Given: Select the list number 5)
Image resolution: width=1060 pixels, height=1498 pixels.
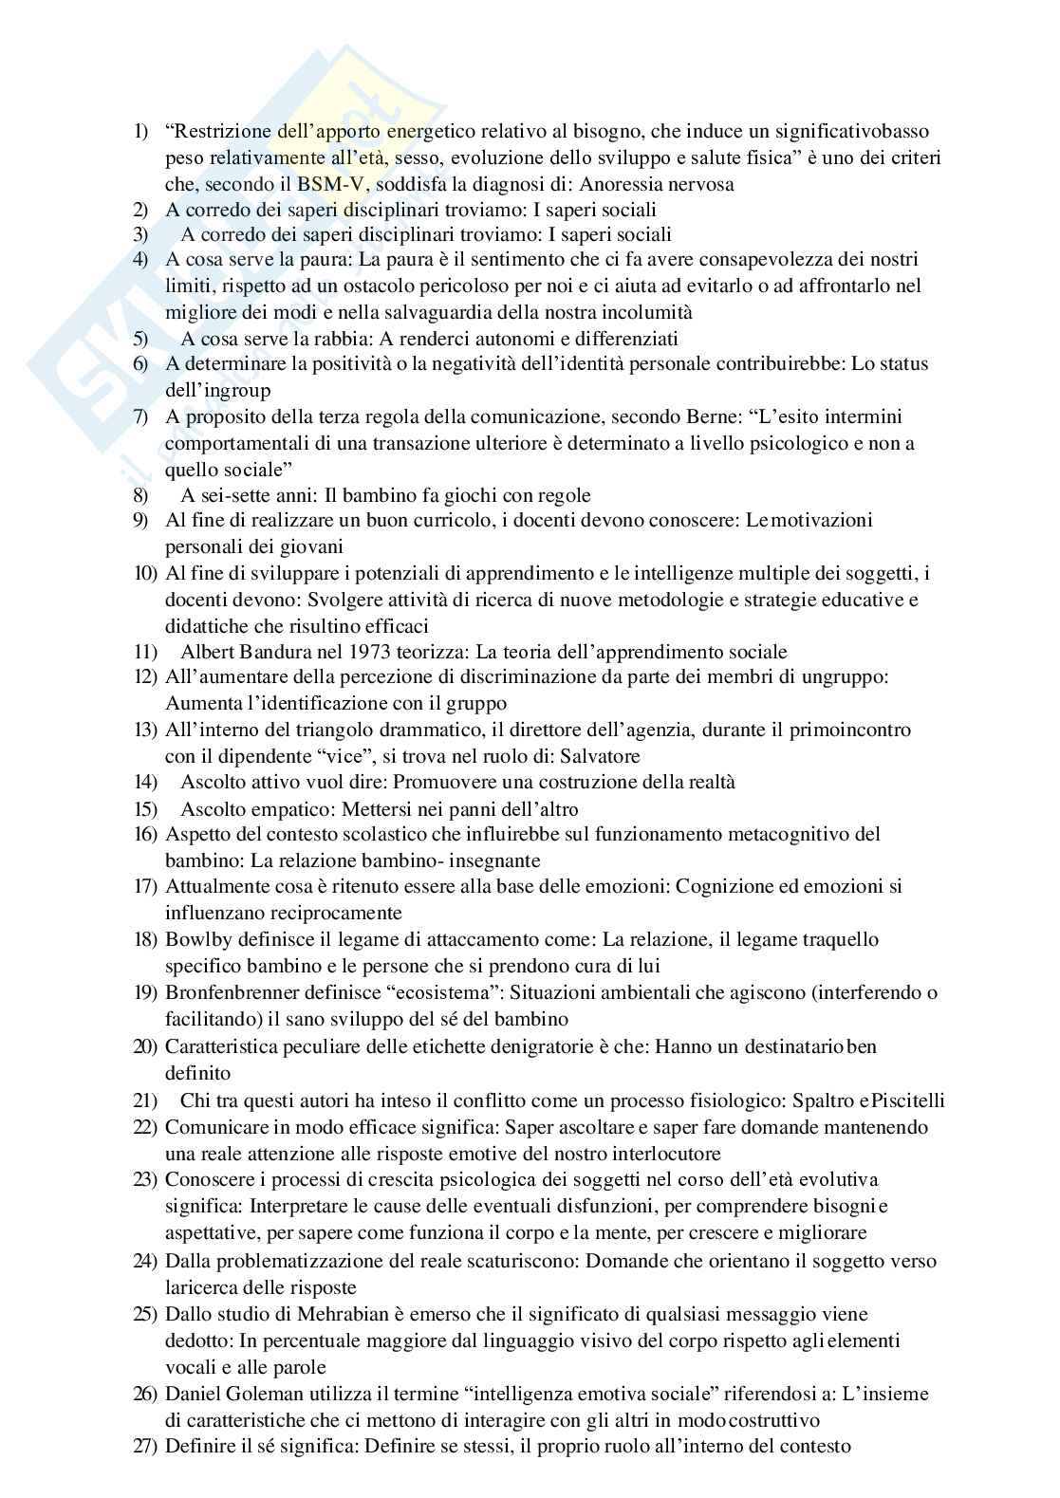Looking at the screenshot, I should [140, 338].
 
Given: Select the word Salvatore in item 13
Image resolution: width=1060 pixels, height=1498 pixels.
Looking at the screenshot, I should [599, 756].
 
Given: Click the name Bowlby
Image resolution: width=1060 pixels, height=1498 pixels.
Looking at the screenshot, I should [195, 939].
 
